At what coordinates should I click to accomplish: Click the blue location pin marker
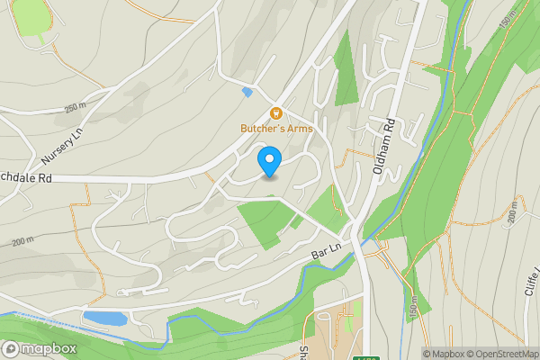269,162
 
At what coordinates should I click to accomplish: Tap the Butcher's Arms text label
276,129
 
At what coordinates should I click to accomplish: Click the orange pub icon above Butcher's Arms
276,113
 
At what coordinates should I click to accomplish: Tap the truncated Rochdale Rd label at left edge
26,178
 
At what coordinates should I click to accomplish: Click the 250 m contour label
76,109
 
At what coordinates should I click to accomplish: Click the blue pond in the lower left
104,318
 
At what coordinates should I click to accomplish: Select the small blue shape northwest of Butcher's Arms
247,92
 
